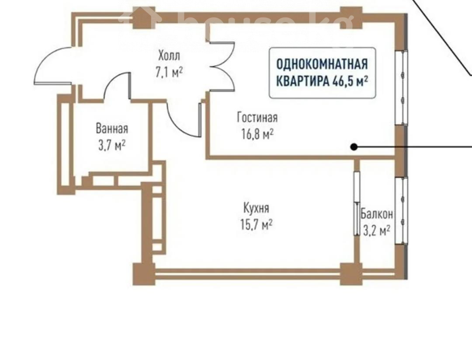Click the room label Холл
pyautogui.click(x=169, y=56)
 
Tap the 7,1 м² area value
pyautogui.click(x=169, y=73)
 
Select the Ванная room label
pyautogui.click(x=112, y=128)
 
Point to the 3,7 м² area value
pyautogui.click(x=112, y=145)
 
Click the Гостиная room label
pyautogui.click(x=257, y=118)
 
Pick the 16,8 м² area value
pyautogui.click(x=257, y=134)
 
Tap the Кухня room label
pyautogui.click(x=256, y=208)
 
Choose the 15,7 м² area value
pyautogui.click(x=257, y=224)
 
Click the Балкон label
pyautogui.click(x=377, y=214)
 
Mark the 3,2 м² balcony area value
pyautogui.click(x=377, y=231)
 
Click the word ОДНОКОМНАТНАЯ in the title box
pyautogui.click(x=322, y=64)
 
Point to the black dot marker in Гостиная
pyautogui.click(x=354, y=147)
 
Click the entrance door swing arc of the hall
pyautogui.click(x=42, y=62)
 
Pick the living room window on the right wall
pyautogui.click(x=402, y=87)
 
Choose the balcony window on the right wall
pyautogui.click(x=402, y=211)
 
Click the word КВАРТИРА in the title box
pyautogui.click(x=303, y=81)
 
